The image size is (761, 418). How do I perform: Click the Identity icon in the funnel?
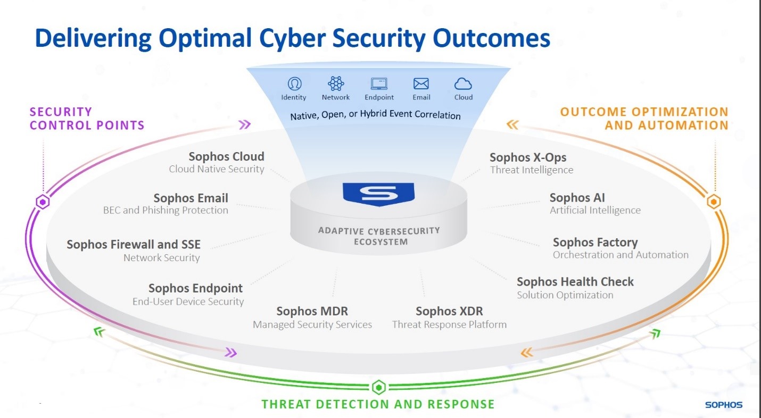coord(294,83)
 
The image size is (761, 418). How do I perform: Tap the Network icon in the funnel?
coord(336,83)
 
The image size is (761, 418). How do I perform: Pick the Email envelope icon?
coord(421,83)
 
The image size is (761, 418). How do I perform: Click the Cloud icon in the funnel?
coord(463,84)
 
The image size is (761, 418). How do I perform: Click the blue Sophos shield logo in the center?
coord(378,194)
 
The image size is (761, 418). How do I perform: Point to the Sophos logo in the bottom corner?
coord(724,405)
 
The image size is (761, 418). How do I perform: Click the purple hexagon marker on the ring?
coord(43,202)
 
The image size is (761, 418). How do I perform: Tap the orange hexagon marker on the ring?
coord(714,202)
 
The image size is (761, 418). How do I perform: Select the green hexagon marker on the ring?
coord(379,387)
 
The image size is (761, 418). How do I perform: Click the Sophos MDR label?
coord(312,311)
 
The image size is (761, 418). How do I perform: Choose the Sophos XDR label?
coord(449,311)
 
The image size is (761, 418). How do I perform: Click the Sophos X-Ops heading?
coord(528,157)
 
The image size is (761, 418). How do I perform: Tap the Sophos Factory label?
coord(595,243)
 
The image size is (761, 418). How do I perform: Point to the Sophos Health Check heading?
coord(575,282)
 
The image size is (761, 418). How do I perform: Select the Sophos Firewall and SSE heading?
coord(134,245)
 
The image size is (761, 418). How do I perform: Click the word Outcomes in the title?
coord(491,38)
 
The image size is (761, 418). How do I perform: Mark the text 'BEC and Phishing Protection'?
coord(166,210)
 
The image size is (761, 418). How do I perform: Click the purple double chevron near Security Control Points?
coord(245,124)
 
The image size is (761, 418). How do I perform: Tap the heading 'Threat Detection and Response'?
coord(378,404)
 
